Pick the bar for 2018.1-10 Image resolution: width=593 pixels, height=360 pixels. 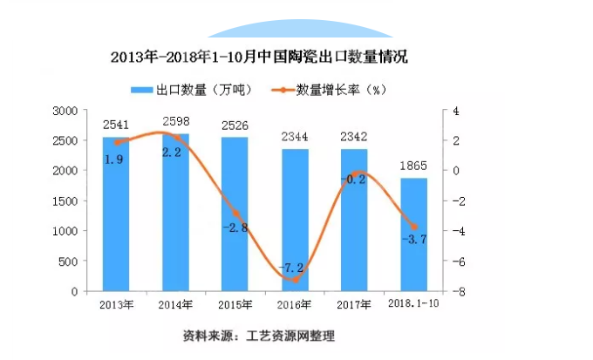coord(413,234)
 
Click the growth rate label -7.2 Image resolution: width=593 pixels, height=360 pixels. coord(292,266)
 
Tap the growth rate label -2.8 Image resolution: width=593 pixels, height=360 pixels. coord(235,228)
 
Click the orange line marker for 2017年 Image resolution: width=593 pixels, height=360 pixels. coord(354,173)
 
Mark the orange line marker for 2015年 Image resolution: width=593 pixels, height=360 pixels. coord(235,213)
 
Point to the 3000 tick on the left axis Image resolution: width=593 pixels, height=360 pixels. coord(66,111)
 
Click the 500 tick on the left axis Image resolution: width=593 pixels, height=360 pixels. coord(70,262)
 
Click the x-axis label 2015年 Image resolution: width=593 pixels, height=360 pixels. coord(235,304)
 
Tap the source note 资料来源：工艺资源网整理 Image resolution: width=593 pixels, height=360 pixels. coord(258,336)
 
